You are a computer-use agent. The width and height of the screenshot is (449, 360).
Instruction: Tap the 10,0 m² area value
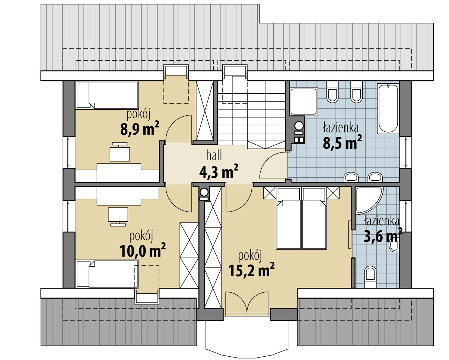point(143,251)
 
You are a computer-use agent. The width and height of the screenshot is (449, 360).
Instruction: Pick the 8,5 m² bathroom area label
point(342,143)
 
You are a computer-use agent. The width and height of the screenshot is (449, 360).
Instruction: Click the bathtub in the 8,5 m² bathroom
point(388,108)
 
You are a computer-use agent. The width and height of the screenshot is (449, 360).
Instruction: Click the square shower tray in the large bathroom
point(303,101)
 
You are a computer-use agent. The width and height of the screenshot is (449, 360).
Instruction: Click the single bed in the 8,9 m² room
point(107,96)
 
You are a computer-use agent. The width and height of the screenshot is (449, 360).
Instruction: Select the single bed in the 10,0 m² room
point(107,273)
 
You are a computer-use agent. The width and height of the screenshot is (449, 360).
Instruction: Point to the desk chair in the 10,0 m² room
point(118,216)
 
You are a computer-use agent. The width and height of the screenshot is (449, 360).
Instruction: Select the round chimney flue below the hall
point(204,192)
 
